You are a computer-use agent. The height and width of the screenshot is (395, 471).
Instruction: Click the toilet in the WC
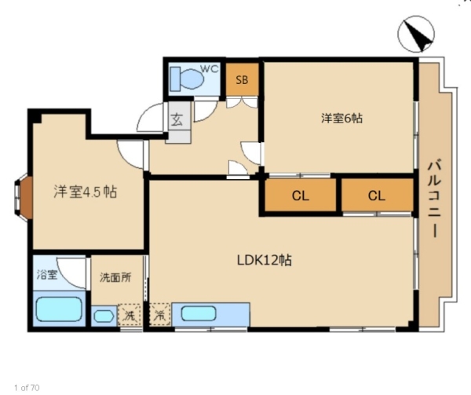coord(187,79)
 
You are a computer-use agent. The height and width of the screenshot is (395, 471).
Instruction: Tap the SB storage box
coord(242,79)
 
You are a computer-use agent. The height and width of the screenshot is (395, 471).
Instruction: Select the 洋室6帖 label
coord(341,118)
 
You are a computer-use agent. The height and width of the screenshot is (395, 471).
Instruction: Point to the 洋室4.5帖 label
coord(86,192)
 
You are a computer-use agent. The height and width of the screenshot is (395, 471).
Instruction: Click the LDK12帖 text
coord(265,260)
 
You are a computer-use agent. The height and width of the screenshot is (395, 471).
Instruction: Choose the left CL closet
coord(301,196)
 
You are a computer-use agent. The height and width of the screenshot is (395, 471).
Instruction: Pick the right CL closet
coord(377,196)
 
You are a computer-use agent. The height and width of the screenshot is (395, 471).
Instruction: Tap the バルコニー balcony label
coord(434,199)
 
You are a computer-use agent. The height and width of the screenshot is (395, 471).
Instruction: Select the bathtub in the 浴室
coord(59,309)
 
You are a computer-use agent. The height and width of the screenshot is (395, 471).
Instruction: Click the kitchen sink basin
coord(199,314)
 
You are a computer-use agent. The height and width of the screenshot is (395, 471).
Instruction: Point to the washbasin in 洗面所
coord(104,316)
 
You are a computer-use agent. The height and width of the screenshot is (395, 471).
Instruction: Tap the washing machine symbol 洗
coord(130,316)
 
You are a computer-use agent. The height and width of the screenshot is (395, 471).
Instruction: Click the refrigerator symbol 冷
coord(159,316)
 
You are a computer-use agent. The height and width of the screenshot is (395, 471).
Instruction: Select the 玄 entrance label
coord(177,120)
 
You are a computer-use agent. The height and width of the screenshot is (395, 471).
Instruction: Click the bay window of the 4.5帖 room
coord(22,198)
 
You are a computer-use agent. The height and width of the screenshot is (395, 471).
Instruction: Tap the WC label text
coord(210,69)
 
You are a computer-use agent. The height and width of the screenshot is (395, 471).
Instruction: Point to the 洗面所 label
coord(115,278)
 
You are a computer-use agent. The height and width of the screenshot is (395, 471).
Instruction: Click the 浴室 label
coord(47,275)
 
